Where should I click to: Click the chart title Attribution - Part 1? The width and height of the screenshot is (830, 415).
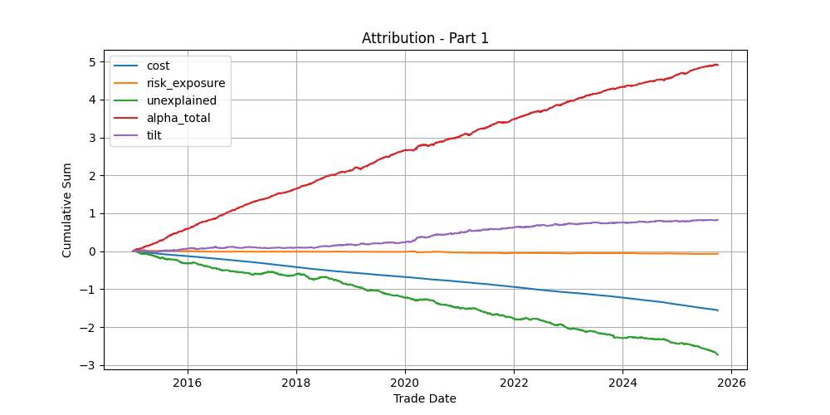[x=425, y=38]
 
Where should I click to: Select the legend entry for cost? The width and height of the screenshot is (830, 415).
[x=158, y=66]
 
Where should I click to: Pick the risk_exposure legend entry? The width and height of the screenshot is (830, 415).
[x=185, y=83]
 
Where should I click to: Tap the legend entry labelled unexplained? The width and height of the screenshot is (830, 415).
[x=182, y=100]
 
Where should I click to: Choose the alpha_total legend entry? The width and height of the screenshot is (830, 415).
[x=178, y=118]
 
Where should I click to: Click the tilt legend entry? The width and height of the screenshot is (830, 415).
[x=154, y=135]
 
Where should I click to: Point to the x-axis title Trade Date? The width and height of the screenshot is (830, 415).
[x=425, y=398]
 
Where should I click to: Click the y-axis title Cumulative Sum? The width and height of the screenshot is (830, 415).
[x=67, y=210]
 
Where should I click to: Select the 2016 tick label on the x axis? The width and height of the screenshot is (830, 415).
[x=188, y=383]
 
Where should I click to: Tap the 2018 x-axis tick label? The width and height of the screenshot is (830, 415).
[x=296, y=383]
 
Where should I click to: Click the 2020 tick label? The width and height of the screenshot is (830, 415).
[x=405, y=383]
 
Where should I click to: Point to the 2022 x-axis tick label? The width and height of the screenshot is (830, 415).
[x=514, y=383]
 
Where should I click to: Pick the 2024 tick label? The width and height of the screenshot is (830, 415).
[x=622, y=383]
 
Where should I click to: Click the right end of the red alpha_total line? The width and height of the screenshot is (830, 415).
[x=718, y=65]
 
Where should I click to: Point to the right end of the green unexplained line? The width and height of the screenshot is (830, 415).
[x=718, y=354]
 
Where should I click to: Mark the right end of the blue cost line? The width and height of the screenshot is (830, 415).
[x=718, y=310]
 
